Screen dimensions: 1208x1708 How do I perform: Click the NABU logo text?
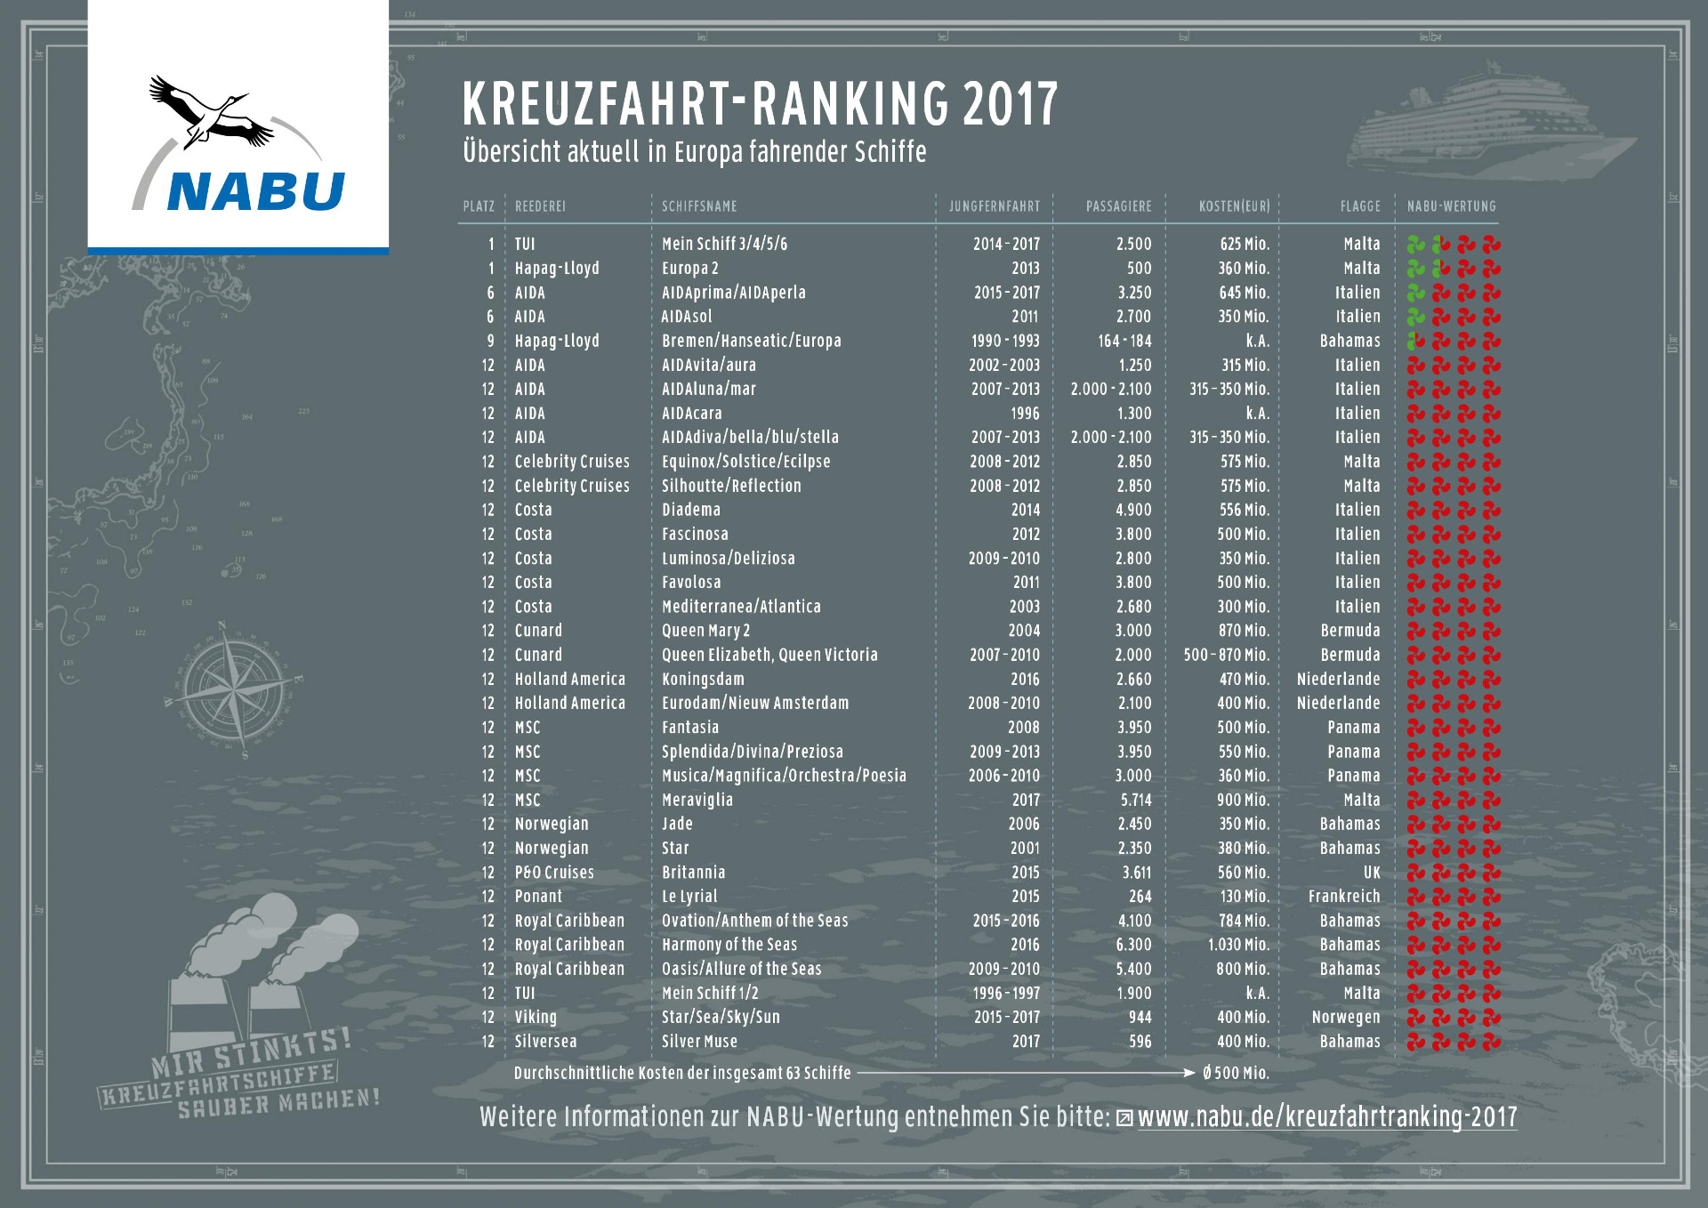pos(255,191)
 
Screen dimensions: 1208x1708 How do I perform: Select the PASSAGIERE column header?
pos(1118,206)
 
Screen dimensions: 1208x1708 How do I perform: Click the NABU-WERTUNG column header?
pos(1451,206)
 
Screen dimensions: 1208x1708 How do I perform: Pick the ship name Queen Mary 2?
pos(705,631)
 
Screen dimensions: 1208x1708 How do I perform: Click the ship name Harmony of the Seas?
pos(729,945)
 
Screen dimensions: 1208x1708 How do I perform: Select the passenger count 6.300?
pos(1133,945)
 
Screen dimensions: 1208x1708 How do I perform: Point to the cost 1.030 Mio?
pos(1237,945)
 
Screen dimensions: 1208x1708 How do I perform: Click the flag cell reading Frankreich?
pos(1343,897)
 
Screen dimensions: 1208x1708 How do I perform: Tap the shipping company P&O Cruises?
pos(554,873)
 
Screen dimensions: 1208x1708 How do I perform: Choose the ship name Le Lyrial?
pos(689,897)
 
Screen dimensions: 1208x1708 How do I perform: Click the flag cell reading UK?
pos(1372,873)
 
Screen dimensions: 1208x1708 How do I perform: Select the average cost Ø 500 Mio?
pos(1236,1073)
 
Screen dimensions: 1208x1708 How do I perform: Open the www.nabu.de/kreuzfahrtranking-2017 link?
pos(1326,1117)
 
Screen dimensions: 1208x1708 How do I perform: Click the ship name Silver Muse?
pos(699,1042)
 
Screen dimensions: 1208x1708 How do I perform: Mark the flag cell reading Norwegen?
pos(1345,1018)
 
